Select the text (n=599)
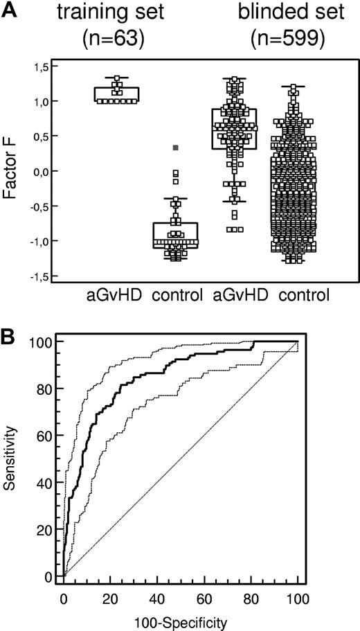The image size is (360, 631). pos(278,39)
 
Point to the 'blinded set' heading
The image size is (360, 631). pos(278,13)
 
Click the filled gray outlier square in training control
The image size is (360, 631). pos(176,148)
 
